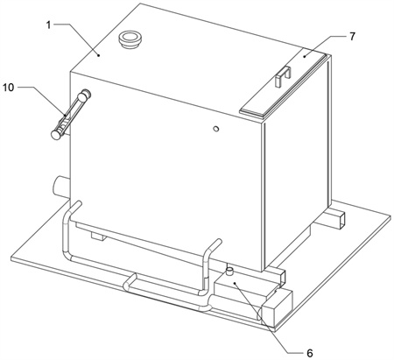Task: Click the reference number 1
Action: pos(49,25)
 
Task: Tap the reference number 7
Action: pos(352,37)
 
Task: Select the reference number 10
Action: pos(8,87)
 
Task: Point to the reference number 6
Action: pos(310,353)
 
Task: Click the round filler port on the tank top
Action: pos(130,39)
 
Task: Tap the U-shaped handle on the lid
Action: pos(283,76)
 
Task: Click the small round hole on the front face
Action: pos(216,129)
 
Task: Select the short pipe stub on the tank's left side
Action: pos(61,187)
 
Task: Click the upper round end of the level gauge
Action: pos(85,95)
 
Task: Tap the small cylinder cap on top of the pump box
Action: pos(229,272)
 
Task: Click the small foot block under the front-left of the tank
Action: pos(98,236)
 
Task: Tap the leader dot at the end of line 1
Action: pos(99,54)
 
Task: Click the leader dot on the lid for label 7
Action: pos(304,56)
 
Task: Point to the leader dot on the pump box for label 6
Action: pos(235,283)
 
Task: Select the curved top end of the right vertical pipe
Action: pos(215,245)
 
